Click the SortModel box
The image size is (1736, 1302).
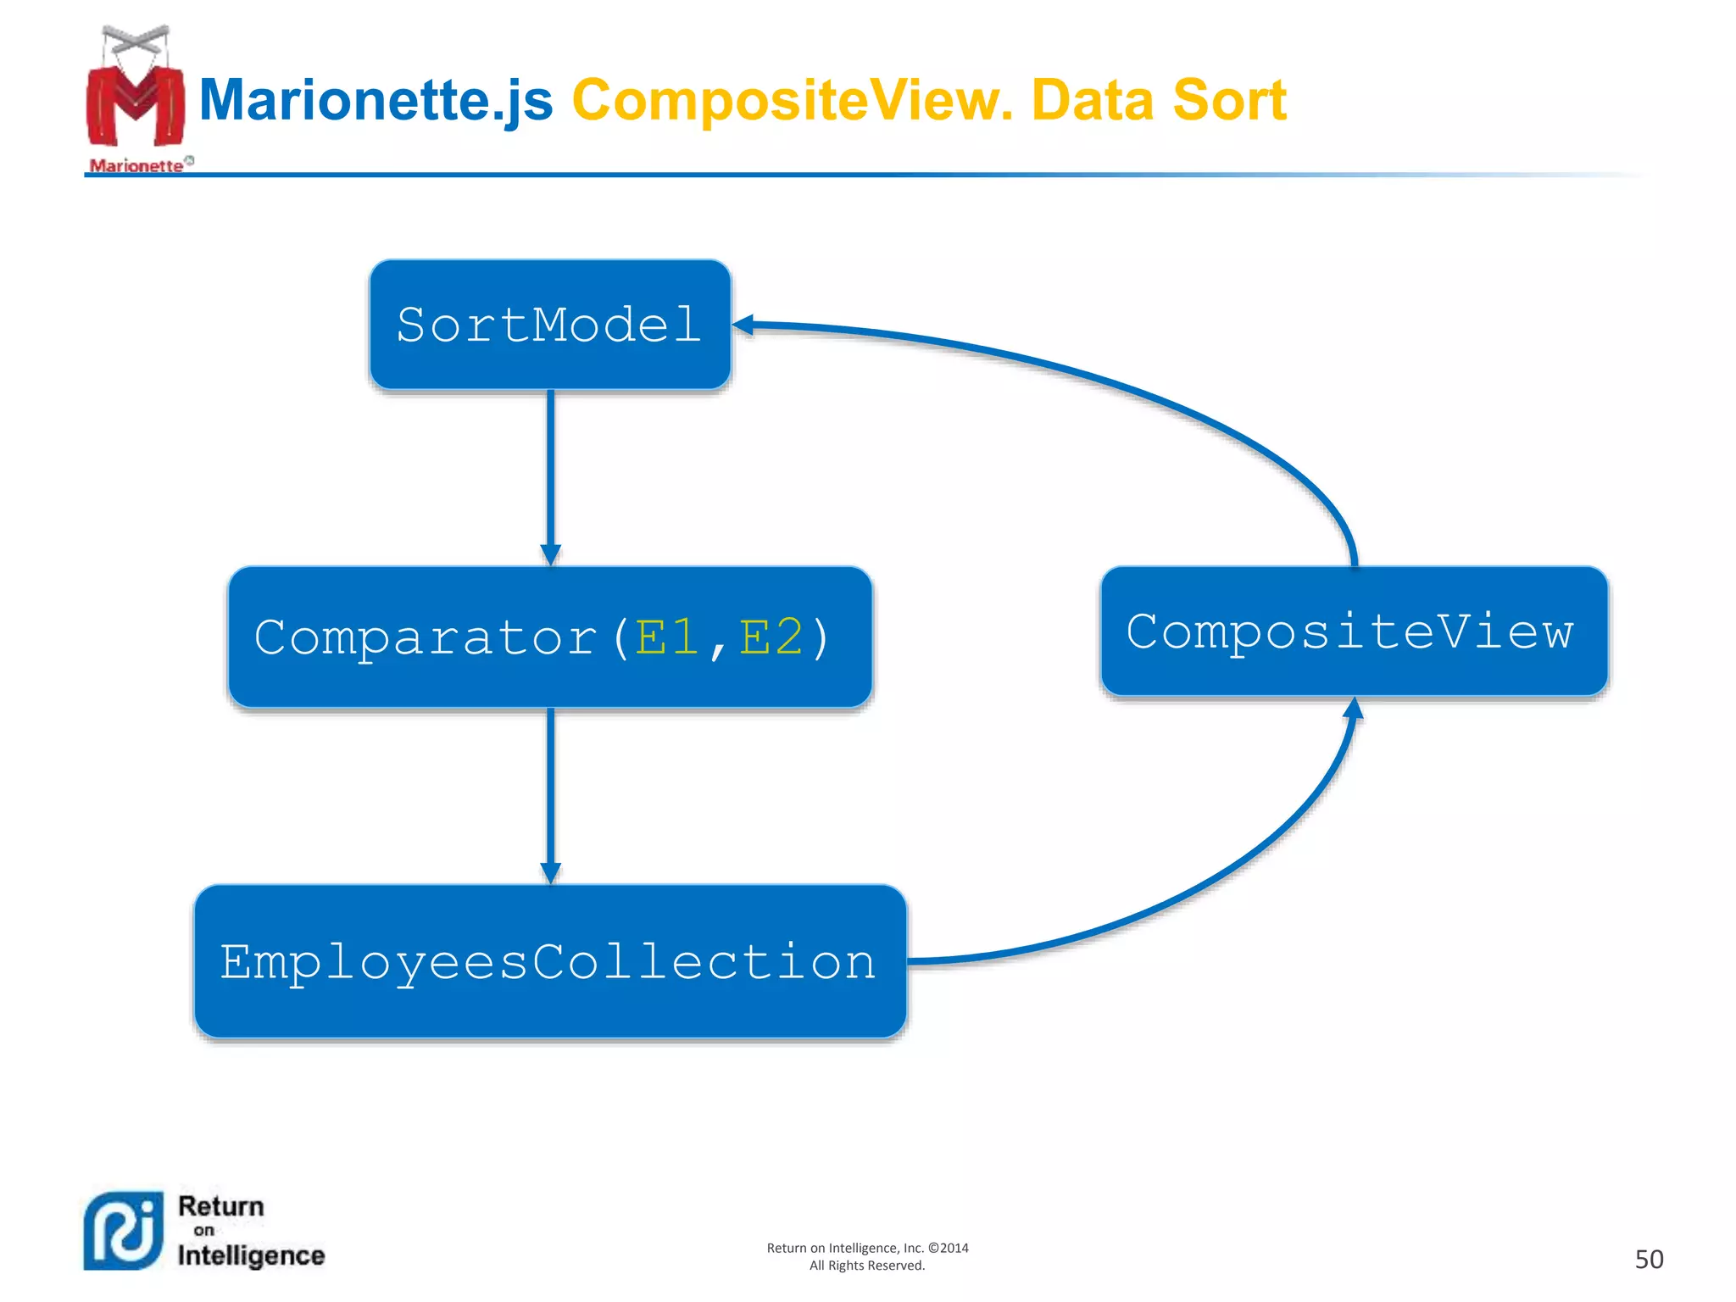549,325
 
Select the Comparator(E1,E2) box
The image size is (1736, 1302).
549,637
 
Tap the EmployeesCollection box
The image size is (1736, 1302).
549,961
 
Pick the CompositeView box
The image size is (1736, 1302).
1353,632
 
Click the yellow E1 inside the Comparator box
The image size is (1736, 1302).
667,637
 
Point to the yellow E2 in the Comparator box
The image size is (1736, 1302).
771,637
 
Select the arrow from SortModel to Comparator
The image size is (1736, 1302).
551,475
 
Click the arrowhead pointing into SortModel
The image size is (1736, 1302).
743,325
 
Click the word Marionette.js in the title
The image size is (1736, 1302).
376,100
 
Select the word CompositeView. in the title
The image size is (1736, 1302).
793,100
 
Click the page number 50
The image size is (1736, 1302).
1649,1259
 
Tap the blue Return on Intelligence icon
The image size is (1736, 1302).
124,1231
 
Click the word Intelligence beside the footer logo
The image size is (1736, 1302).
251,1255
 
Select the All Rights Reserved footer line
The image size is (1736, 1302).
867,1266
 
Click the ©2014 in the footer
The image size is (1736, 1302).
949,1248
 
